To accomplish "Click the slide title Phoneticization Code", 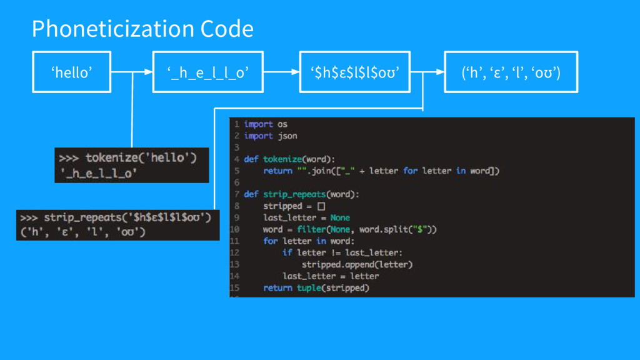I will tap(142, 29).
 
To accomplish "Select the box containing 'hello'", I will tap(72, 72).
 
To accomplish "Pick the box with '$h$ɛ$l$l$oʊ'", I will tap(354, 72).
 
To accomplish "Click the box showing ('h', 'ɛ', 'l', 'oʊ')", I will tap(511, 72).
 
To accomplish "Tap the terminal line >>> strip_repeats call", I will tap(116, 218).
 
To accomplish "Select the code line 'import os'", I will tap(266, 124).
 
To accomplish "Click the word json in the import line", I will tap(287, 136).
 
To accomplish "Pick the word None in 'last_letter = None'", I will tap(340, 217).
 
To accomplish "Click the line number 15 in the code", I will tap(235, 288).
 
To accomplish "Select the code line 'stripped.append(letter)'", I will tap(357, 264).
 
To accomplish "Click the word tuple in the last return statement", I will tap(309, 288).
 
